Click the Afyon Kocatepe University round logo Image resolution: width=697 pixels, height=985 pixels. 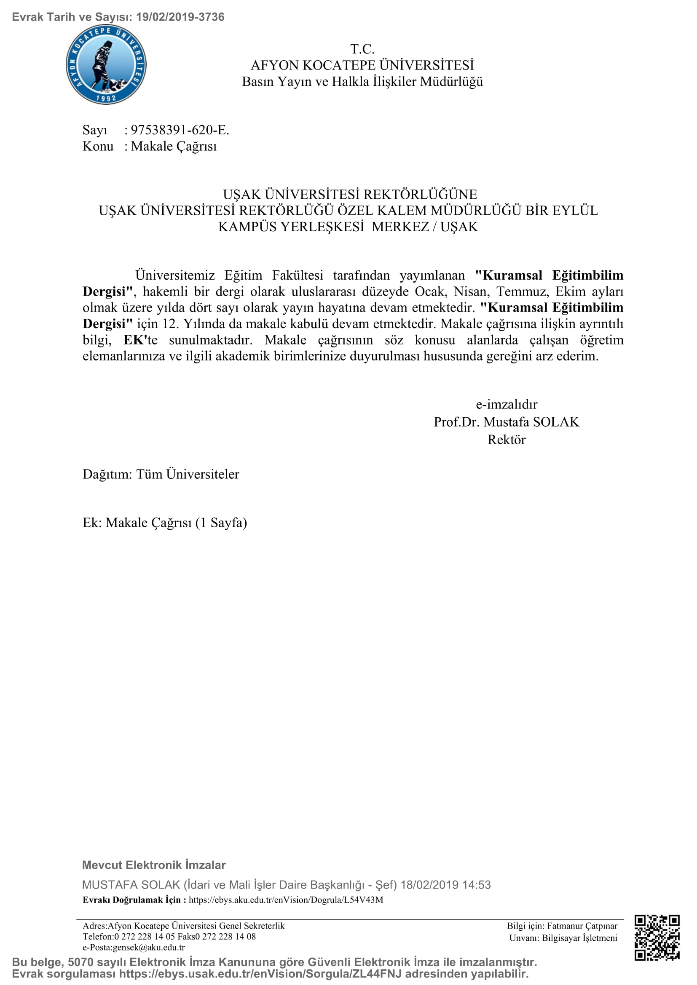106,65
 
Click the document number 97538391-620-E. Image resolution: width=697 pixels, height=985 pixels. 180,130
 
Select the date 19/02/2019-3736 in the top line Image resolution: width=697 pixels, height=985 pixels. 180,17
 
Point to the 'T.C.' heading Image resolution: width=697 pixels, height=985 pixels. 362,49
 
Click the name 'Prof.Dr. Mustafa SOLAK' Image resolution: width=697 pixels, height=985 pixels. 507,422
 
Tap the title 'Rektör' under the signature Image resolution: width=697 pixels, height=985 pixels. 507,440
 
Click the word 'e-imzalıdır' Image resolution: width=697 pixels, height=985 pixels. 507,404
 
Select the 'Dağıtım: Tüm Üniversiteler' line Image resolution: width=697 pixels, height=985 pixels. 161,474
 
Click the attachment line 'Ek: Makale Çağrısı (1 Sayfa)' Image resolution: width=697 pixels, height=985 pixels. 165,523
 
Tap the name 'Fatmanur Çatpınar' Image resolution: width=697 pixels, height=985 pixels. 582,926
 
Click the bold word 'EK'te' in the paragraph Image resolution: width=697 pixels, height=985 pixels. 140,340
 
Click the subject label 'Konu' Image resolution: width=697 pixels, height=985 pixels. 98,146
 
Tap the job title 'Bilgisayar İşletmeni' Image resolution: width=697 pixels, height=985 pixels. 579,938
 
